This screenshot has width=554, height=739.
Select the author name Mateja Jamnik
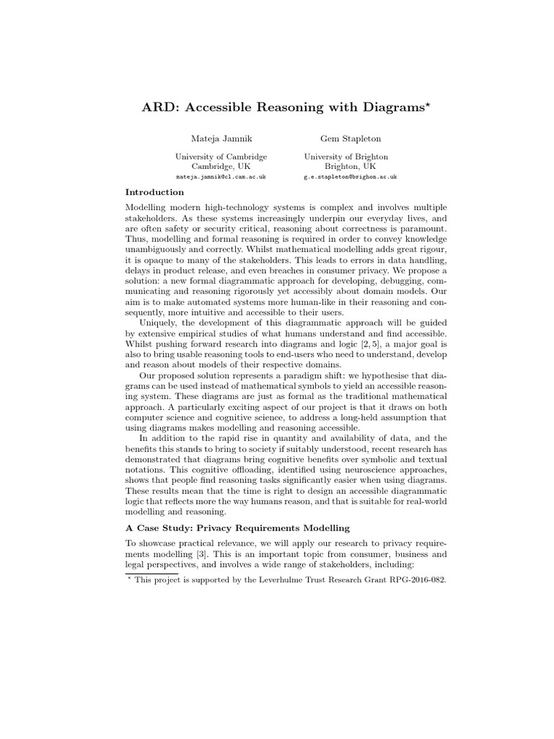click(x=212, y=137)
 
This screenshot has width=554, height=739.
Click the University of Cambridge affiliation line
click(x=221, y=156)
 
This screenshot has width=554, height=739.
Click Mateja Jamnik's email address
click(x=221, y=176)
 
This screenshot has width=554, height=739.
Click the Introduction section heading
click(x=154, y=192)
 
